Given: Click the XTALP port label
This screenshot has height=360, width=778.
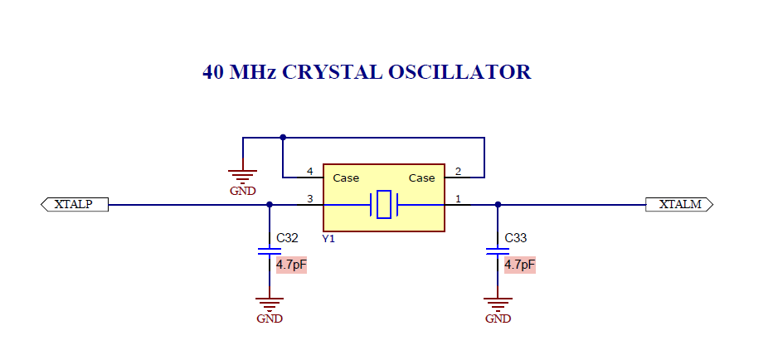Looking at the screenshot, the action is coord(74,204).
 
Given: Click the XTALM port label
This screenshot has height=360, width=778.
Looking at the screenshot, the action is coord(679,204).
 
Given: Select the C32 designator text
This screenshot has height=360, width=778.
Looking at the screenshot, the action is coord(287,238).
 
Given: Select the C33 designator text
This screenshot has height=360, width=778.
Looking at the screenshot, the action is coord(516,238).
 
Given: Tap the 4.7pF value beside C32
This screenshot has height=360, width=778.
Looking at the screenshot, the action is coord(291,264).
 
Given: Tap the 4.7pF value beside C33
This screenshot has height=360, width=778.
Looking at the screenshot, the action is coord(519,264).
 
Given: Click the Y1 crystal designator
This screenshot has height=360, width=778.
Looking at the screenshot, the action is coord(328,239).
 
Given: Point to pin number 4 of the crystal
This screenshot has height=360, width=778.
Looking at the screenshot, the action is coord(310,172).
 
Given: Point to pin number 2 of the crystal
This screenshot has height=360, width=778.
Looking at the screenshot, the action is coord(458,172).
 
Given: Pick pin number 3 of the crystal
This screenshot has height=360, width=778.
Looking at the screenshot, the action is coord(310,199).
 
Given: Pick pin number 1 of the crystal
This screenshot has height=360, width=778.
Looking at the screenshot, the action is coord(458,199).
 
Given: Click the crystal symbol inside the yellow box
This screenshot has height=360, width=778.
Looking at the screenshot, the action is coord(384,204).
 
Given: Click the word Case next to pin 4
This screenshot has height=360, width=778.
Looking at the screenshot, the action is coord(346,178).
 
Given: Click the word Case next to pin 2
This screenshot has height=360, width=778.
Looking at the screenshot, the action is coord(421,178).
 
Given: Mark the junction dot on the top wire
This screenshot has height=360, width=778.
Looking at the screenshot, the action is coord(283,137).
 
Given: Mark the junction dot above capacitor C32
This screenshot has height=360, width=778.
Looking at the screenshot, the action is coord(270,204).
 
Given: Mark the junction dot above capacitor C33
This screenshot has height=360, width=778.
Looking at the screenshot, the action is coord(498,204).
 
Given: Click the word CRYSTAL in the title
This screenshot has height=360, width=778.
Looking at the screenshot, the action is coord(333,72).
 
